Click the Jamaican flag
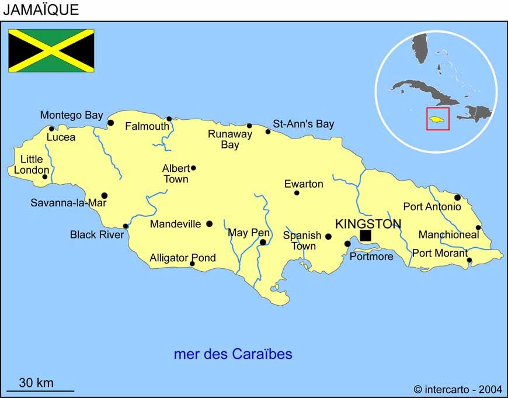[x=51, y=50]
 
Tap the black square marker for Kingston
[x=366, y=235]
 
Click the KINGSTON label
[x=368, y=224]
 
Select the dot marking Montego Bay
[x=110, y=123]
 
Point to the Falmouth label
[x=147, y=126]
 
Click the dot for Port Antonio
[x=457, y=198]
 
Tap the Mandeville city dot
[x=209, y=223]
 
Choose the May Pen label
[x=249, y=233]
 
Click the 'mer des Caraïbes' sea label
[x=233, y=354]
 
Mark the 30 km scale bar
[x=40, y=390]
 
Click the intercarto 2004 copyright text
[x=458, y=389]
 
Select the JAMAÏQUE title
[x=41, y=10]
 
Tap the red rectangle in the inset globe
[x=438, y=119]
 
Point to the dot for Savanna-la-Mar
[x=105, y=196]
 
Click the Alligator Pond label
[x=183, y=258]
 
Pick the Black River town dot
[x=126, y=226]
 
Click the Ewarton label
[x=304, y=184]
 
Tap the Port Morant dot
[x=469, y=260]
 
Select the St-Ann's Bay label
[x=304, y=124]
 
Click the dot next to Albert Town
[x=193, y=168]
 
